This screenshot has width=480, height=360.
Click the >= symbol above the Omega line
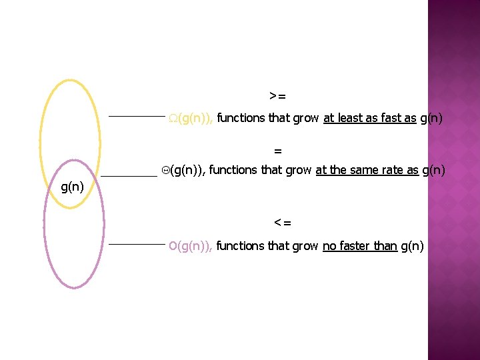[278, 97]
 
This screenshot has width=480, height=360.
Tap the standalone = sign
[278, 150]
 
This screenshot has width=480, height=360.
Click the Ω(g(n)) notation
[191, 119]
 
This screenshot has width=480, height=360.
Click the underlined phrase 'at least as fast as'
[369, 119]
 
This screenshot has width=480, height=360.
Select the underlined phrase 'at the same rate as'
[367, 171]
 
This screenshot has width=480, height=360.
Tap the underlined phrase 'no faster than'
[359, 247]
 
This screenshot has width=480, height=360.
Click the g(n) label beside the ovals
[72, 187]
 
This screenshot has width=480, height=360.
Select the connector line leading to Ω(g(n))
[137, 117]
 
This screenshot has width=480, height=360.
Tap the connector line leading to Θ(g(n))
[129, 175]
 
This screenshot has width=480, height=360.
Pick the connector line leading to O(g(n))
[137, 245]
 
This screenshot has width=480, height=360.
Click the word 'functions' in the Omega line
[241, 119]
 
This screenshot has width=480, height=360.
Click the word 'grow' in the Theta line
[298, 171]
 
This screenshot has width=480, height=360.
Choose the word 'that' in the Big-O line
[279, 247]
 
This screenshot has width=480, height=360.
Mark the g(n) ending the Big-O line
[412, 247]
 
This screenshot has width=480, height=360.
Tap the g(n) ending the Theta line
[433, 171]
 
